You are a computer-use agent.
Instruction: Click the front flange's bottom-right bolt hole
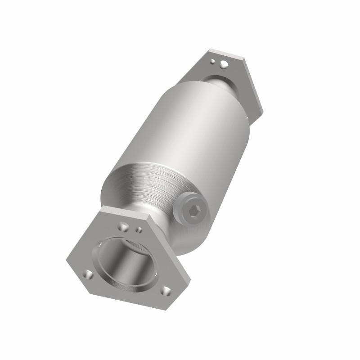click(166, 290)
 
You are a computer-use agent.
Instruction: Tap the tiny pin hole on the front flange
click(139, 229)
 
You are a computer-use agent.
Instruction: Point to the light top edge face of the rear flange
click(225, 54)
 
